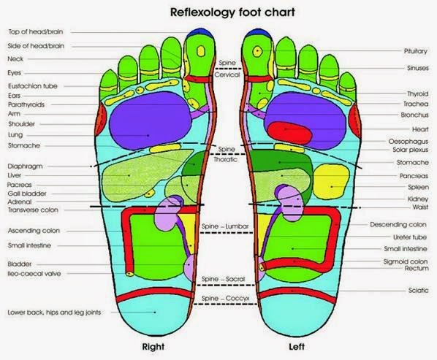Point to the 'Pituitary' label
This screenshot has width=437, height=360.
point(414,51)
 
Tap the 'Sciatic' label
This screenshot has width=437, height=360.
point(418,289)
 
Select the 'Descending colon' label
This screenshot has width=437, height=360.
point(399,224)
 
